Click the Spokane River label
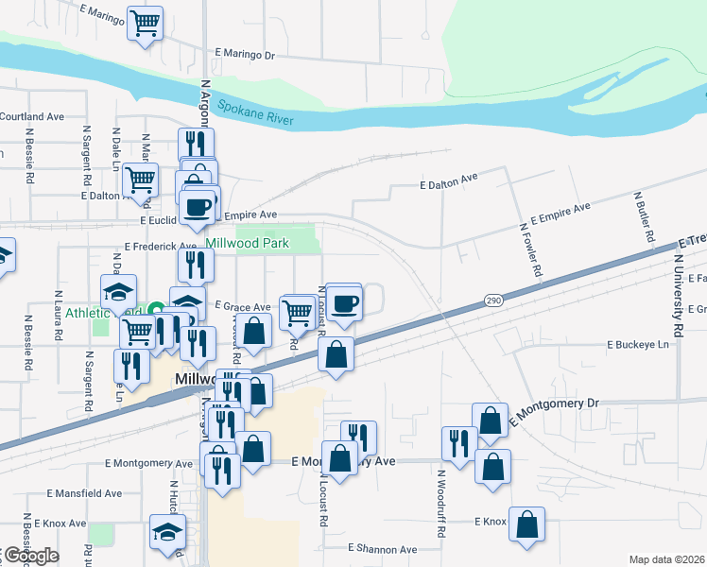pyautogui.click(x=255, y=113)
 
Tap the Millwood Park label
pyautogui.click(x=275, y=244)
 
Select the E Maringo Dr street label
pyautogui.click(x=245, y=55)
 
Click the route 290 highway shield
pyautogui.click(x=493, y=301)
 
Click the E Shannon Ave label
pyautogui.click(x=382, y=549)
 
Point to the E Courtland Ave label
pyautogui.click(x=31, y=117)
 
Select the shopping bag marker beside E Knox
pyautogui.click(x=527, y=523)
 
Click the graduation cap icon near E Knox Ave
pyautogui.click(x=167, y=531)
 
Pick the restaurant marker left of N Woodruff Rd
pyautogui.click(x=458, y=442)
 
